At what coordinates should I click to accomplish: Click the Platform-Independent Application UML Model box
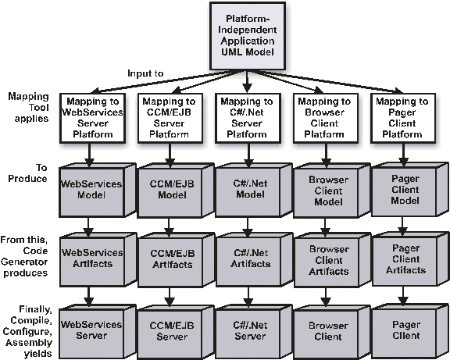(x=248, y=36)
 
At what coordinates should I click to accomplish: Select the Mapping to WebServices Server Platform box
(x=92, y=118)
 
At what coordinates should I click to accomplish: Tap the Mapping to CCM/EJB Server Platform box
(x=170, y=118)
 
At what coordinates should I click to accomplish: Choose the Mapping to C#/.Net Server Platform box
(x=248, y=118)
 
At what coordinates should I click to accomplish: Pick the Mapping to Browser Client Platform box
(x=326, y=118)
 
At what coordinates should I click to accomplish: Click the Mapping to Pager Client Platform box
(x=403, y=118)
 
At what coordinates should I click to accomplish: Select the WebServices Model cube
(x=98, y=191)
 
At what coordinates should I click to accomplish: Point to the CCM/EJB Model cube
(x=176, y=191)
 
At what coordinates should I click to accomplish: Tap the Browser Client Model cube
(x=332, y=191)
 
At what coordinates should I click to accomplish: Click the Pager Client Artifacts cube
(x=410, y=259)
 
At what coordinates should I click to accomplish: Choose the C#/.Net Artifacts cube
(x=254, y=259)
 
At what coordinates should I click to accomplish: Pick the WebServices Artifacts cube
(x=98, y=259)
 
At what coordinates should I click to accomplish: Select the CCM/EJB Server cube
(x=176, y=332)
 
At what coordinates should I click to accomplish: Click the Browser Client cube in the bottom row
(x=332, y=332)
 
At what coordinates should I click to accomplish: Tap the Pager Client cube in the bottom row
(x=410, y=332)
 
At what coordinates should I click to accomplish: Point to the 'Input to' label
(x=145, y=73)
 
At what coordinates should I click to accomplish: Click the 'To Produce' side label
(x=27, y=173)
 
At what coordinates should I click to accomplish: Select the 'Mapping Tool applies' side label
(x=28, y=107)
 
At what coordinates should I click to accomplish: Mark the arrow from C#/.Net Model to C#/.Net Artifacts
(x=248, y=226)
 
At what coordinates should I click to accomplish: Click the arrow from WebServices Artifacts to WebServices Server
(x=88, y=297)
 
